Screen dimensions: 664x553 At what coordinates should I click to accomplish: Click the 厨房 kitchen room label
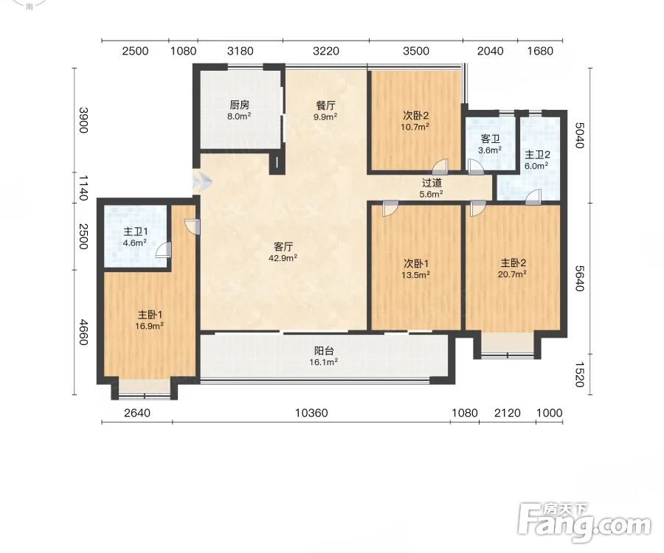pyautogui.click(x=240, y=105)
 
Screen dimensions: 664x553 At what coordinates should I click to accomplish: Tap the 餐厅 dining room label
pyautogui.click(x=325, y=105)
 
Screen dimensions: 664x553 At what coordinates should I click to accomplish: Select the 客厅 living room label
pyautogui.click(x=283, y=247)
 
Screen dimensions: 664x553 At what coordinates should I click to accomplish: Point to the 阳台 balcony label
pyautogui.click(x=324, y=351)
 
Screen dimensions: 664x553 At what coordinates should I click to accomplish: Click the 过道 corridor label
pyautogui.click(x=432, y=183)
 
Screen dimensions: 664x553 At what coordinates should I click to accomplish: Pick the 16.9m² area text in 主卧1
pyautogui.click(x=150, y=326)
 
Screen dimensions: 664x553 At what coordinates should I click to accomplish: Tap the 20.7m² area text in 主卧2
pyautogui.click(x=513, y=274)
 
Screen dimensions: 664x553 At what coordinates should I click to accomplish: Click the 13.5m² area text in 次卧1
pyautogui.click(x=416, y=274)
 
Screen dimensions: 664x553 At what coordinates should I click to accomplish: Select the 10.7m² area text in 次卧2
pyautogui.click(x=415, y=126)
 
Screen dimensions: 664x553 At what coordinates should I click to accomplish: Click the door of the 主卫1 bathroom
pyautogui.click(x=164, y=250)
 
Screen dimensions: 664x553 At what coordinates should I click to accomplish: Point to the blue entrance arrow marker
pyautogui.click(x=201, y=182)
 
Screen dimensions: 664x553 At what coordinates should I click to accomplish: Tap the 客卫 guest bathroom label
pyautogui.click(x=490, y=139)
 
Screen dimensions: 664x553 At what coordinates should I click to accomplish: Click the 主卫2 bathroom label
pyautogui.click(x=537, y=155)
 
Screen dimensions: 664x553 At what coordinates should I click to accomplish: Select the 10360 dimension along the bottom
pyautogui.click(x=311, y=412)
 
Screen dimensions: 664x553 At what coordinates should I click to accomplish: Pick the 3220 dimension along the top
pyautogui.click(x=326, y=51)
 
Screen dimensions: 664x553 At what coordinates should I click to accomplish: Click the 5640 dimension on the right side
pyautogui.click(x=580, y=279)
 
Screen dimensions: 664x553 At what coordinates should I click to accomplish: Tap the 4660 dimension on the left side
pyautogui.click(x=84, y=332)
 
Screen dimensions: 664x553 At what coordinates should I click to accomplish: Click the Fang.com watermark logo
pyautogui.click(x=585, y=523)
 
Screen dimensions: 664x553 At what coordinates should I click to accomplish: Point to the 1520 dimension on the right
pyautogui.click(x=580, y=375)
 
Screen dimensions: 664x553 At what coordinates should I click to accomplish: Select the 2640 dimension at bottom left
pyautogui.click(x=137, y=412)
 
